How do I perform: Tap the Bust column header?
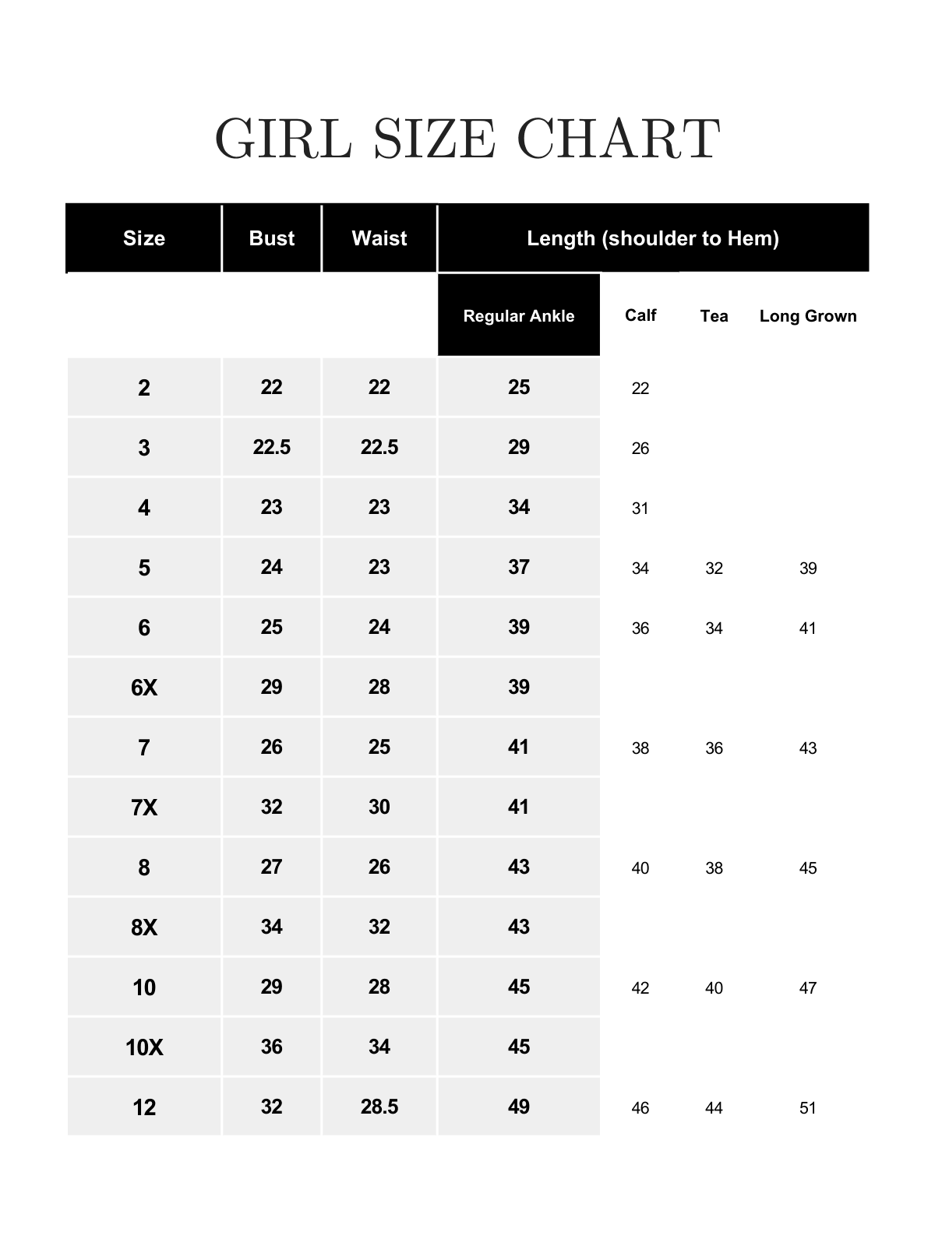[271, 238]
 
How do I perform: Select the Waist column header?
[379, 238]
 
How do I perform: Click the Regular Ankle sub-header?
[518, 316]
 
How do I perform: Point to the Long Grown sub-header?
[807, 316]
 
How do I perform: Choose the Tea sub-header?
[714, 316]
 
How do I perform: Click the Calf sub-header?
[640, 315]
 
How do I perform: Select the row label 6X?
[144, 688]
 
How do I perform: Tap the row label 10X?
[144, 1047]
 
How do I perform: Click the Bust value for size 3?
[271, 447]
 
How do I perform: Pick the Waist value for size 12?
[379, 1107]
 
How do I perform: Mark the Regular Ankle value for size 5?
[518, 567]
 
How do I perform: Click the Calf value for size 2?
[640, 389]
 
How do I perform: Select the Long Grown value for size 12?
[807, 1108]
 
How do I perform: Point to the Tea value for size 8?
[714, 868]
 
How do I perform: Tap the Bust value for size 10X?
[271, 1047]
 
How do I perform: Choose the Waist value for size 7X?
[379, 807]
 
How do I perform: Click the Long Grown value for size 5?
[807, 568]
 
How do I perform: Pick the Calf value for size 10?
[640, 988]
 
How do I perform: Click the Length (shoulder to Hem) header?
[652, 238]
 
